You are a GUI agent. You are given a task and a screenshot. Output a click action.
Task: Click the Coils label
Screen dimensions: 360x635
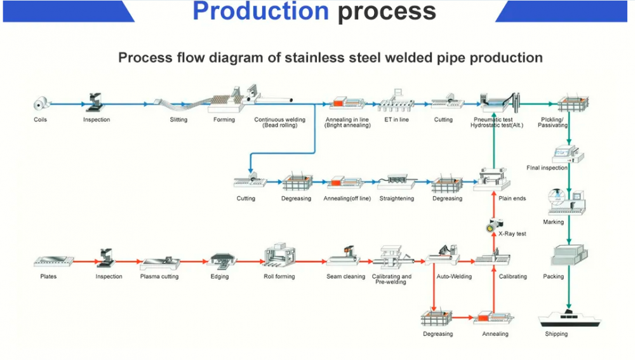pyautogui.click(x=41, y=119)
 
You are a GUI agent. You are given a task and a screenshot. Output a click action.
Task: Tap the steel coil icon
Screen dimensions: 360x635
pyautogui.click(x=41, y=103)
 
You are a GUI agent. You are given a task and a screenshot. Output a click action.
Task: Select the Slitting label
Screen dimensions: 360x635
pyautogui.click(x=178, y=119)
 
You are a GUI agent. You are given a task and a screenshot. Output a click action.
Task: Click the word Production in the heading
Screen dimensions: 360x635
pyautogui.click(x=261, y=11)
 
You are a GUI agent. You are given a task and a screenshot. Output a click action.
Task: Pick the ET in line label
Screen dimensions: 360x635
pyautogui.click(x=396, y=119)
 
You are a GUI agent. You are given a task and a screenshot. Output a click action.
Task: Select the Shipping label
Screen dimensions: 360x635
pyautogui.click(x=556, y=334)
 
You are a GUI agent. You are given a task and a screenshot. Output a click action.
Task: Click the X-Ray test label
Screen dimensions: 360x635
pyautogui.click(x=512, y=234)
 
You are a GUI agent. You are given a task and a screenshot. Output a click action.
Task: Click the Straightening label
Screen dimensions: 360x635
pyautogui.click(x=396, y=199)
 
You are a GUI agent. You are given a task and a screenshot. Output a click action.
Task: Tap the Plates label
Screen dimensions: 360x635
pyautogui.click(x=48, y=277)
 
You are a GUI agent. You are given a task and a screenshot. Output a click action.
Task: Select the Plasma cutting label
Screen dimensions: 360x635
pyautogui.click(x=159, y=277)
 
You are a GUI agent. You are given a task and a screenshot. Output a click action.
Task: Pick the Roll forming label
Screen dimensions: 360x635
pyautogui.click(x=279, y=277)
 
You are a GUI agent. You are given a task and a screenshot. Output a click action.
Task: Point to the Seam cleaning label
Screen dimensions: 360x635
pyautogui.click(x=345, y=277)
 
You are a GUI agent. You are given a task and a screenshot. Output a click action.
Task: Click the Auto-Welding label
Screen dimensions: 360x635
pyautogui.click(x=454, y=277)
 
